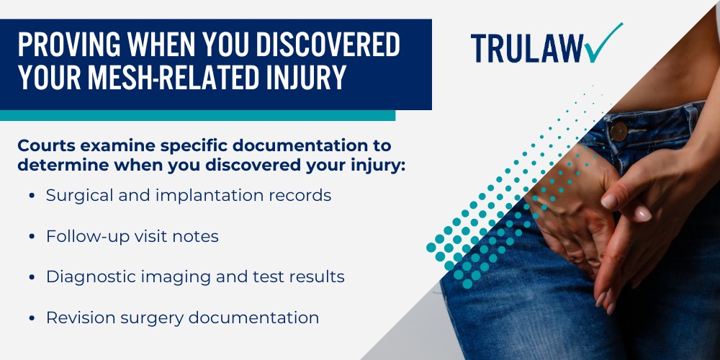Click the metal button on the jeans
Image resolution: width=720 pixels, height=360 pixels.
[618, 131]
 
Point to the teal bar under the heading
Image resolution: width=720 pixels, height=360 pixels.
[197, 115]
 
